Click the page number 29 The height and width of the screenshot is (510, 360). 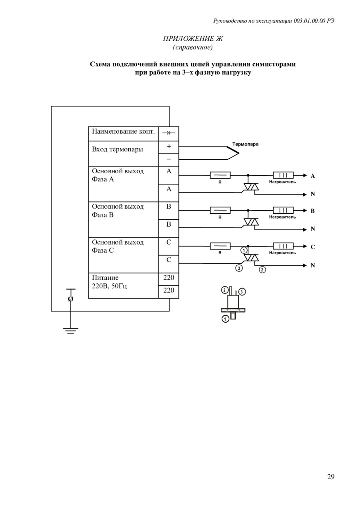(330, 477)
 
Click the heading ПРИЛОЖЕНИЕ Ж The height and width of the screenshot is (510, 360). (193, 39)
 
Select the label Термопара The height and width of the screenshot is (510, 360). (245, 144)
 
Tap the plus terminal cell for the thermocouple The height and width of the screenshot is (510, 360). (169, 147)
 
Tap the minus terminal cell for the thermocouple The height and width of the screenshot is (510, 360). (169, 159)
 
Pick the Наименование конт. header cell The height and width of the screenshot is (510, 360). (123, 132)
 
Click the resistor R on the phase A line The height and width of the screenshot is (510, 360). (220, 175)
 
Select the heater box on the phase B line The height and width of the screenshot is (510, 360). (283, 210)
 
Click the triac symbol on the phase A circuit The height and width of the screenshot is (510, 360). (251, 187)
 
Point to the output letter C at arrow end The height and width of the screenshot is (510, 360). (313, 247)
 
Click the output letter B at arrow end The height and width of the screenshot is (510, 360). (313, 211)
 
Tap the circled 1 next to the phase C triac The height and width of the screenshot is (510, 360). (244, 251)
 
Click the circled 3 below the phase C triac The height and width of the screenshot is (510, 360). (239, 268)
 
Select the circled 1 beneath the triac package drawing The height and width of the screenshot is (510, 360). (226, 319)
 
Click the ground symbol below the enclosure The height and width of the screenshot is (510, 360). (70, 330)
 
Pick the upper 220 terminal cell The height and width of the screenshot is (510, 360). (169, 278)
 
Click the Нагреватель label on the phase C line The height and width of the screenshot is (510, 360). (282, 253)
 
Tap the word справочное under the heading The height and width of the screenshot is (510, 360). (193, 48)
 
